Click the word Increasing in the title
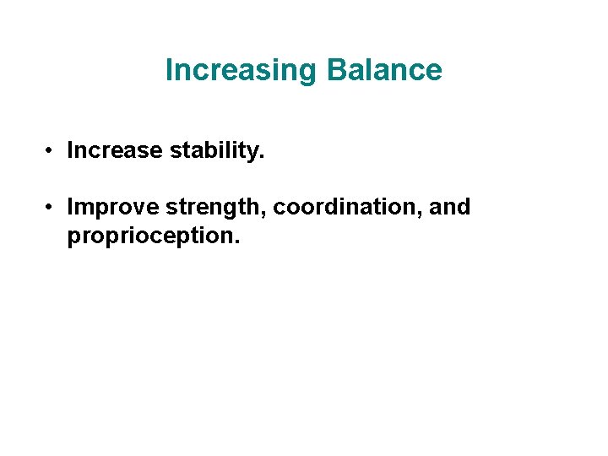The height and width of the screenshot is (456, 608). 241,70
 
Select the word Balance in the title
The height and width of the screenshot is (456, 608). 383,70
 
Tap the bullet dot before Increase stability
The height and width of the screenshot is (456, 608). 52,151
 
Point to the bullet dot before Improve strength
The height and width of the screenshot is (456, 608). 52,207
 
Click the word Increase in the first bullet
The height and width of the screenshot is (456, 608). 114,151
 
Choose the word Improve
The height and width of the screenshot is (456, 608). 113,207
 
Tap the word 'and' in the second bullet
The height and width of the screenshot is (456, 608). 450,207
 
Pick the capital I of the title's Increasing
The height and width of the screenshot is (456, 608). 169,70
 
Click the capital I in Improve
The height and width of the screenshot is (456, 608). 70,207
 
